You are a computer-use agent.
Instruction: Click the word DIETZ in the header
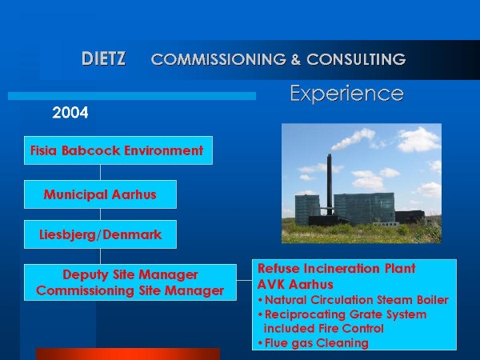click(103, 58)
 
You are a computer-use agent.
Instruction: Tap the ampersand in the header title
click(295, 59)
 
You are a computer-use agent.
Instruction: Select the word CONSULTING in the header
click(356, 59)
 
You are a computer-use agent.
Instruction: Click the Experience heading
click(346, 94)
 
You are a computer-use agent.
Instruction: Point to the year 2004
click(70, 113)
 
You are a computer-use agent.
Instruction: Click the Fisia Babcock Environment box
click(118, 150)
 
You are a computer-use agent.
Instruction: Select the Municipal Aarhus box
click(100, 194)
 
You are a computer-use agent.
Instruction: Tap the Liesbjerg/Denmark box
click(100, 234)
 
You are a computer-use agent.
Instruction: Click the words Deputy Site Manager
click(130, 274)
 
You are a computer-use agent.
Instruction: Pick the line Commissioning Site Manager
click(130, 290)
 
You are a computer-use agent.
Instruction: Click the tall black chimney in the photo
click(330, 185)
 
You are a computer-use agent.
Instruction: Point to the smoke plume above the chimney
click(354, 139)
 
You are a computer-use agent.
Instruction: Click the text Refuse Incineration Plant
click(337, 269)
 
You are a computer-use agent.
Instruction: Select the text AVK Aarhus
click(295, 284)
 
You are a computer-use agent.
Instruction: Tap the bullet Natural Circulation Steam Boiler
click(354, 300)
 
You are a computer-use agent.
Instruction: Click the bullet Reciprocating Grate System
click(342, 314)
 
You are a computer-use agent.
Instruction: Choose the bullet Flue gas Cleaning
click(313, 343)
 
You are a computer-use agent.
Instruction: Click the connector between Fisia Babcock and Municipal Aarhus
click(100, 172)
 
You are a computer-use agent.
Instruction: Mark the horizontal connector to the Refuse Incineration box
click(244, 280)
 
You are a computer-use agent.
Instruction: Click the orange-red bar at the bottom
click(128, 354)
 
